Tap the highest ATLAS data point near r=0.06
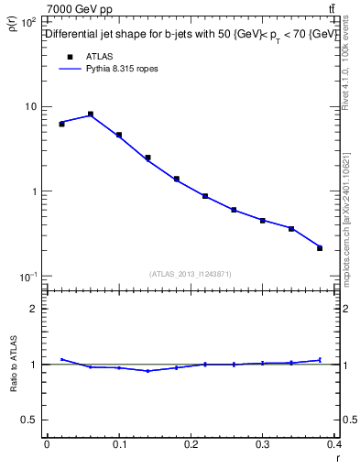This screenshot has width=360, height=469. tap(91, 115)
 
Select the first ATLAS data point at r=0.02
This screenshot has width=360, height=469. tap(61, 124)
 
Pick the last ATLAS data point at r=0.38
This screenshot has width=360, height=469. tap(320, 248)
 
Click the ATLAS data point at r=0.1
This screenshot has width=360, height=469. tap(119, 135)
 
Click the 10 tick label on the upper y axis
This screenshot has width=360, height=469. tap(30, 107)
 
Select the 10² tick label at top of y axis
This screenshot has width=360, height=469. tap(28, 21)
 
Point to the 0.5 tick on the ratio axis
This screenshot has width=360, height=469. tap(31, 420)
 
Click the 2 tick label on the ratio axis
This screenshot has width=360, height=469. tap(36, 309)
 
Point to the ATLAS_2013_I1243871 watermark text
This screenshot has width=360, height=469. tap(191, 275)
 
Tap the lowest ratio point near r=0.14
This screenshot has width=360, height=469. tap(147, 371)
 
